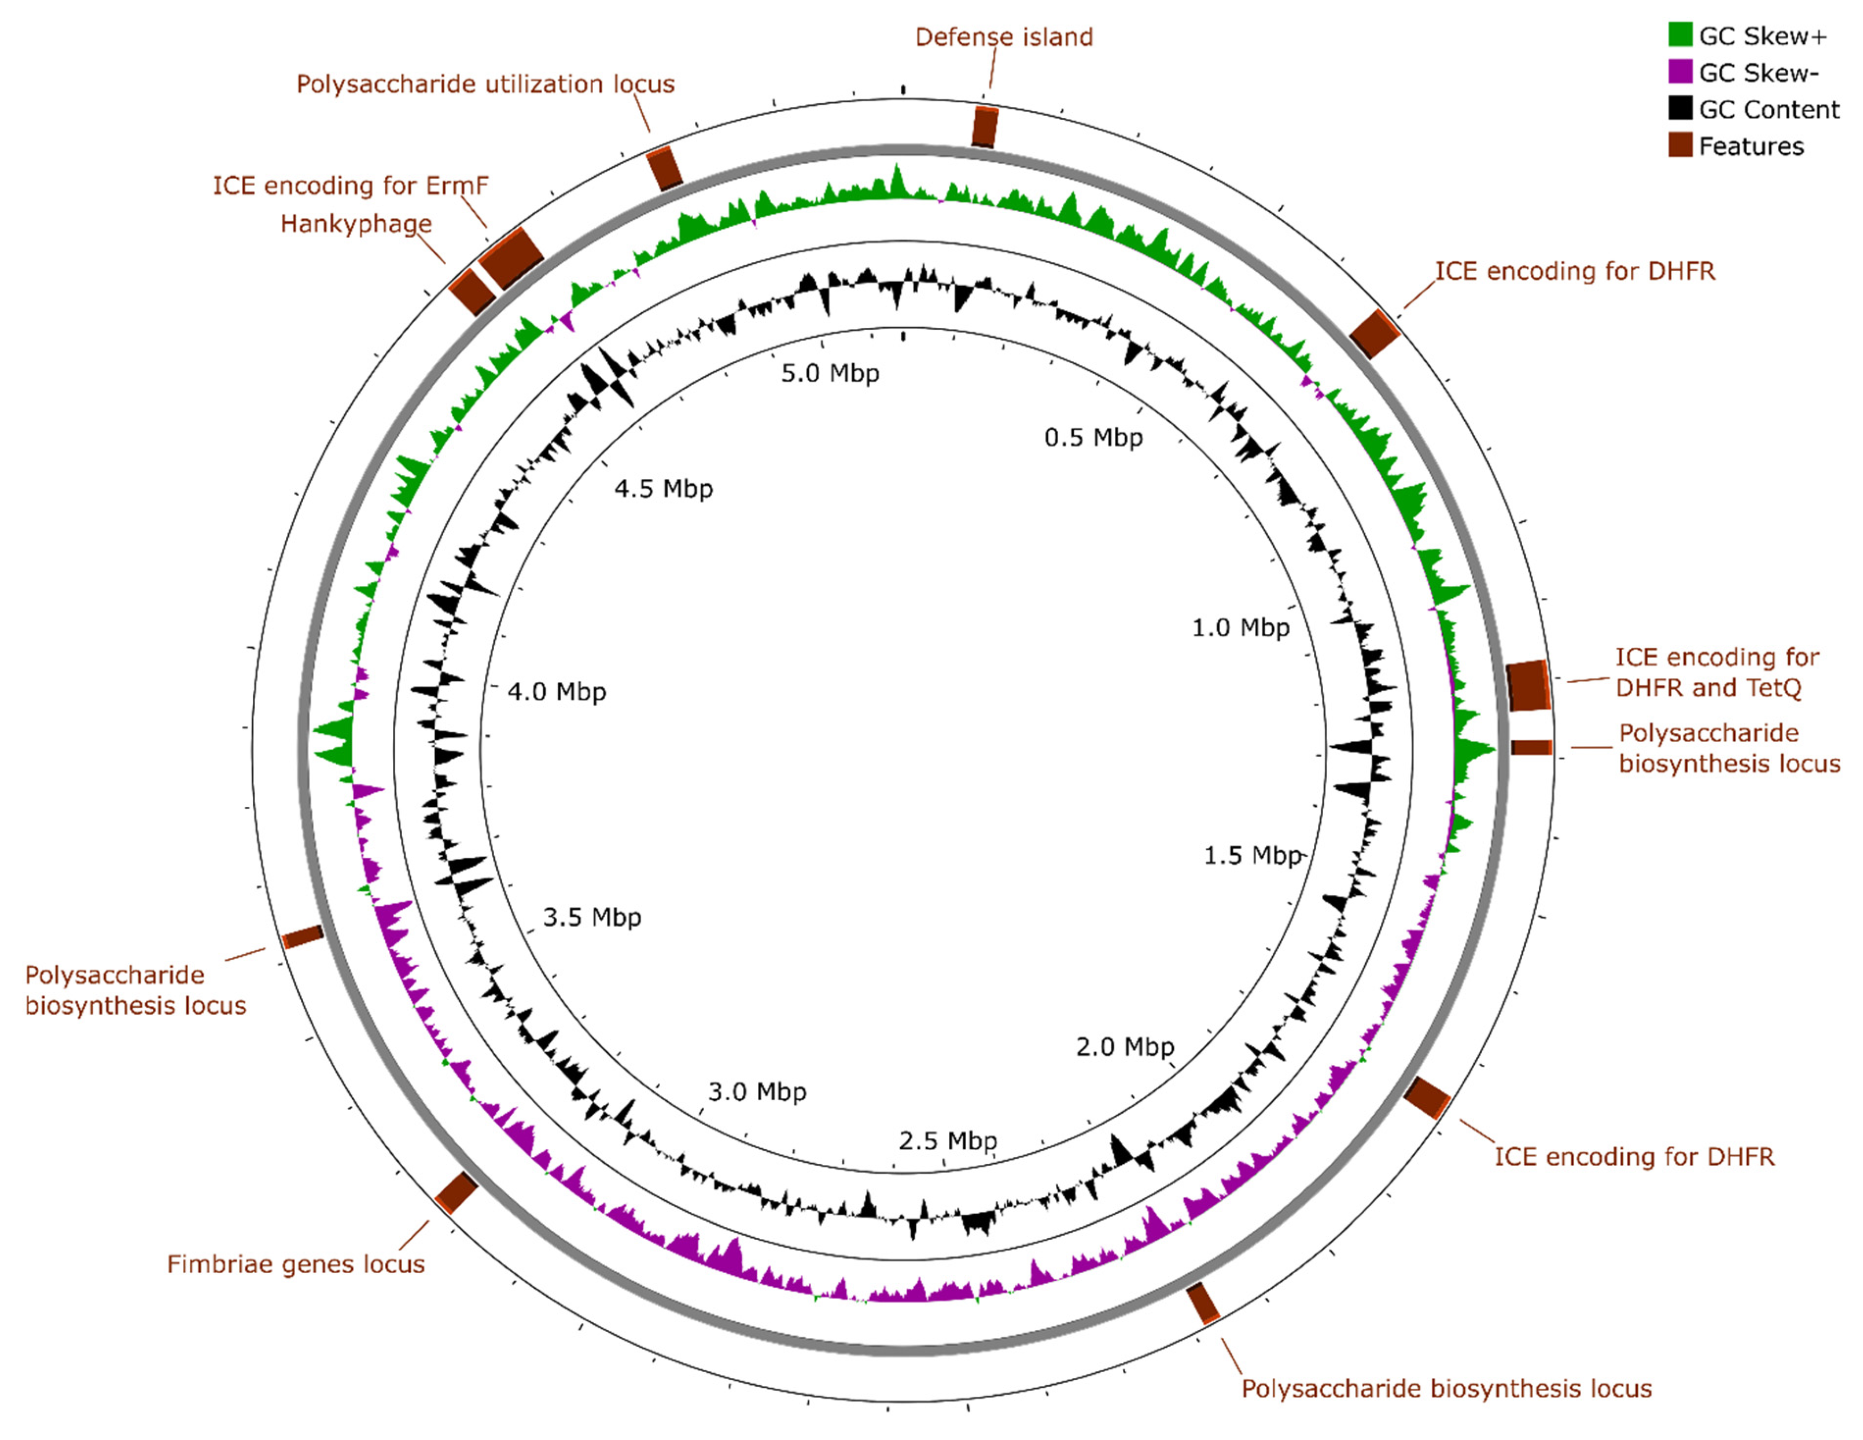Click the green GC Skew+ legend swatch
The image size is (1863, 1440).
(1680, 35)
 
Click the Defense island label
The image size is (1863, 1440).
(1003, 36)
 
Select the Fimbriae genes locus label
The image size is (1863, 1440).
(295, 1263)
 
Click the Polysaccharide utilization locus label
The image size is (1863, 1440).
(485, 83)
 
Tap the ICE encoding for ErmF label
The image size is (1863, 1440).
(350, 185)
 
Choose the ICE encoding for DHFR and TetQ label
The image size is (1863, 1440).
(1717, 672)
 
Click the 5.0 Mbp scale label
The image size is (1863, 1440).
(830, 373)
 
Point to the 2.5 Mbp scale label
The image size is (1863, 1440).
(948, 1140)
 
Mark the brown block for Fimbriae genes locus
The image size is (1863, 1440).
(456, 1192)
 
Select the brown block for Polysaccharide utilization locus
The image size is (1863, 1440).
(665, 167)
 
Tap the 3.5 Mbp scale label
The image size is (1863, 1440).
(592, 917)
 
